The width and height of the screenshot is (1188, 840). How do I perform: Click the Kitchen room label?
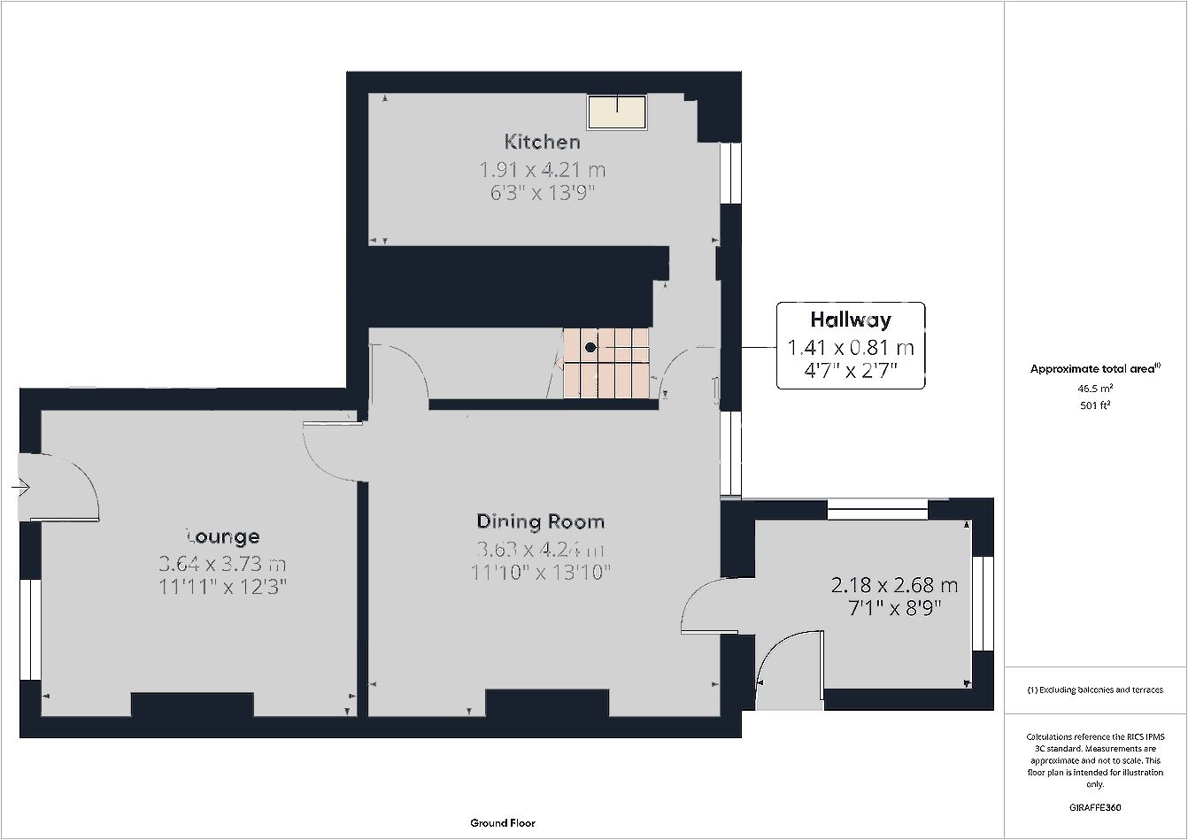pos(542,142)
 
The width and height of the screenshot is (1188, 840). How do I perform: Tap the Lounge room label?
pos(223,536)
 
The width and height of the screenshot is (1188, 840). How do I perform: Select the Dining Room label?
pos(540,521)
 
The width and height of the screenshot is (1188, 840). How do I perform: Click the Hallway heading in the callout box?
pos(851,320)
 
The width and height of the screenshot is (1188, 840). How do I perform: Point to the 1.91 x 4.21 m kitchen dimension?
pos(542,170)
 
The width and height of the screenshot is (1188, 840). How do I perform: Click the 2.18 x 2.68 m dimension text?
pos(894,585)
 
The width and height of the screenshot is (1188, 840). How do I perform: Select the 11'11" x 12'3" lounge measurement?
pos(223,587)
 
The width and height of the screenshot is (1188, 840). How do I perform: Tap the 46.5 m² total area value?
pos(1095,388)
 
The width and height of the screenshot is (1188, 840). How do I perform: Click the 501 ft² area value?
pos(1095,405)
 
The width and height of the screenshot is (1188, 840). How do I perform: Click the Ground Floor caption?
pos(503,823)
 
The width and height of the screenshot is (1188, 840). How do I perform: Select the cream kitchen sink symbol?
pos(617,112)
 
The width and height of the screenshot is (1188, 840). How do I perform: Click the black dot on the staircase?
pos(590,347)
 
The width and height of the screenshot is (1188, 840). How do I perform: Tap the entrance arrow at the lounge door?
pos(21,487)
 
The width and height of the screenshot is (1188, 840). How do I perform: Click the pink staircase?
pos(606,363)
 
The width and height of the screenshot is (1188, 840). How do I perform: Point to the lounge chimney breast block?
pos(192,705)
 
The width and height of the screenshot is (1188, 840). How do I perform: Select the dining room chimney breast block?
pos(547,703)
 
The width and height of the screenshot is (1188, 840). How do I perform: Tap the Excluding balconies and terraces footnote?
pos(1095,690)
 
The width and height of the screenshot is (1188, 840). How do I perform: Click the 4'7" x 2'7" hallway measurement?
pos(851,370)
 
